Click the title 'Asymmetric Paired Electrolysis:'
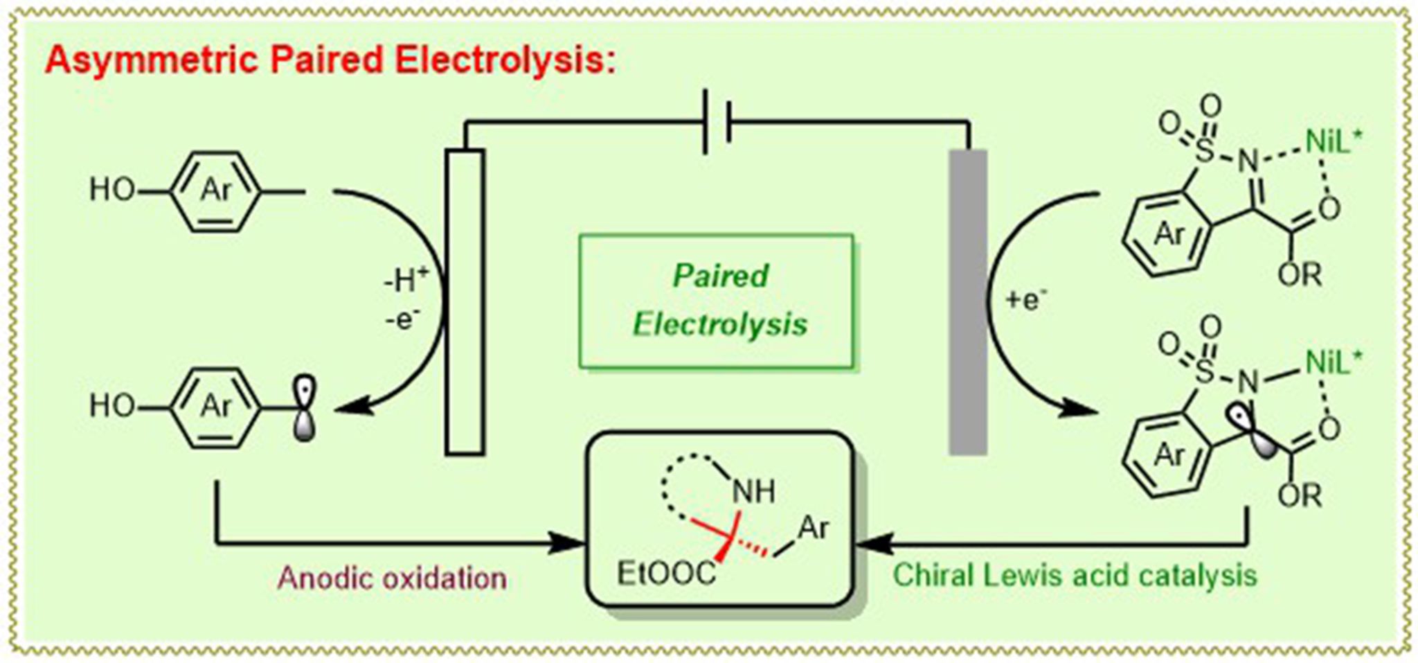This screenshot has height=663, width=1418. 330,61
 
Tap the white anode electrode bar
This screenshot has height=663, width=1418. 465,302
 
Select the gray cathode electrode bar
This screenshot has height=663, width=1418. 967,302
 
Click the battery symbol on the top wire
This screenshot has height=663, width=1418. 717,123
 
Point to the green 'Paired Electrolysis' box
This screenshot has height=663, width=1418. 717,301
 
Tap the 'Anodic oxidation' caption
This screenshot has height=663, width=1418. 392,577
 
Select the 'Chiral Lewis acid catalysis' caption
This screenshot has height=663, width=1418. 1075,575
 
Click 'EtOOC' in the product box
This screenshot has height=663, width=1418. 666,574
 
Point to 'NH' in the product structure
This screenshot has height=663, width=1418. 754,492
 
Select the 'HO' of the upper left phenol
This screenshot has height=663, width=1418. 112,189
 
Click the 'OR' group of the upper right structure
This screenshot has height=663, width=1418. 1300,275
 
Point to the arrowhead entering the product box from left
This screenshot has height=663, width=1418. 571,542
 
